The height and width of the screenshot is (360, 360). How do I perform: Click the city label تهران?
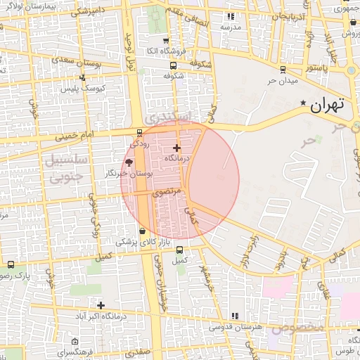point(328,105)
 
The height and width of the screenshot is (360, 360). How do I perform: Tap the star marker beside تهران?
point(303,103)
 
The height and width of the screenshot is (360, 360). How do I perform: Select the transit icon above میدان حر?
point(283,69)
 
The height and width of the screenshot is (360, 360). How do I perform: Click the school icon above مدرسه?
point(229,16)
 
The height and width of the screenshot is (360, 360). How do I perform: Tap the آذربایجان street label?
point(289,15)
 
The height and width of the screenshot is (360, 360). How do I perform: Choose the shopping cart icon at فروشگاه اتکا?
point(166,41)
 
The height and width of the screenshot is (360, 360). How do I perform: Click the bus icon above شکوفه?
point(174,65)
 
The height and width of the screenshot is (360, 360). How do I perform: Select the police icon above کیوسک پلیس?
point(83,77)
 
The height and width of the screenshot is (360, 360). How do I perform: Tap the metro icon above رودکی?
point(139,131)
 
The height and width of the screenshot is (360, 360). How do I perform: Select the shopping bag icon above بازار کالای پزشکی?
point(143,231)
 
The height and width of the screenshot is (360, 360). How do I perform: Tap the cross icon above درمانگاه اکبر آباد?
point(101,305)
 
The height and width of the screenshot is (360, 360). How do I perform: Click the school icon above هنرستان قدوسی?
point(234,316)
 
